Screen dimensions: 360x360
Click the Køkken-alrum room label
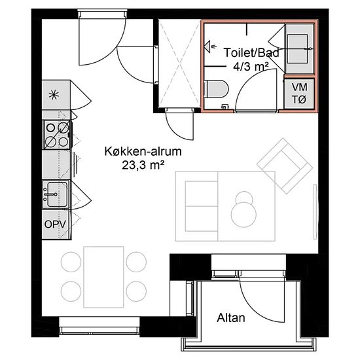pyautogui.click(x=143, y=152)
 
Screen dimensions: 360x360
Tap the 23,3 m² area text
pyautogui.click(x=143, y=165)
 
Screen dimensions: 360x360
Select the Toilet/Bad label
pyautogui.click(x=251, y=53)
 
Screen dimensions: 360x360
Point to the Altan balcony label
pyautogui.click(x=231, y=318)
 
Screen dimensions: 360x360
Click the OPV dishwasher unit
pyautogui.click(x=56, y=225)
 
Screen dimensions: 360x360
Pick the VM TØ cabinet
pyautogui.click(x=299, y=94)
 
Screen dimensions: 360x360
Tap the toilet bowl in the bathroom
pyautogui.click(x=217, y=89)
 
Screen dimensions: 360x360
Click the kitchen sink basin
pyautogui.click(x=58, y=194)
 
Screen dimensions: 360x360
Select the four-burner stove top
pyautogui.click(x=58, y=135)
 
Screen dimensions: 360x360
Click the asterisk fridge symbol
pyautogui.click(x=54, y=95)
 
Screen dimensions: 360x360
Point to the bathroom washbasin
pyautogui.click(x=298, y=48)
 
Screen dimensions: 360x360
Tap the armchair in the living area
pyautogui.click(x=285, y=166)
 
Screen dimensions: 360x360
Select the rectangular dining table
pyautogui.click(x=103, y=277)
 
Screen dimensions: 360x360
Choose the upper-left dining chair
pyautogui.click(x=71, y=262)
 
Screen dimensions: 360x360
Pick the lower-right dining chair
pyautogui.click(x=136, y=291)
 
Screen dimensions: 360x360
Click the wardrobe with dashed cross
pyautogui.click(x=180, y=63)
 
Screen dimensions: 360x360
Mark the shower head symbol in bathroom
pyautogui.click(x=208, y=46)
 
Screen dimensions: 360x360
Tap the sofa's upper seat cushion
pyautogui.click(x=202, y=194)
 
